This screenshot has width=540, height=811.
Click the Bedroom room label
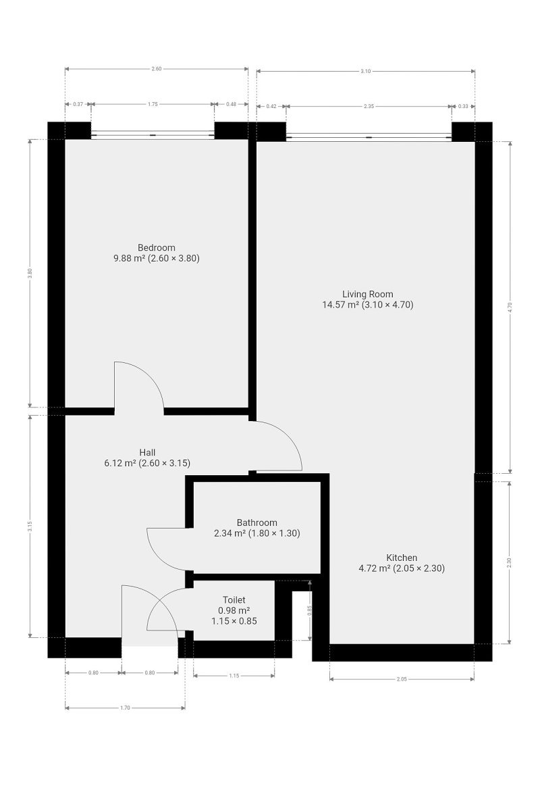coord(156,247)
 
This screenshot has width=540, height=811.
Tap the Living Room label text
coord(367,294)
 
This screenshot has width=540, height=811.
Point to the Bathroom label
coord(256,522)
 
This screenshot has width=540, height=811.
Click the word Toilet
coord(234,600)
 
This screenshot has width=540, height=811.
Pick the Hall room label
coord(147,452)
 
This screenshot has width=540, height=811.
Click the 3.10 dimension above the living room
coord(365,72)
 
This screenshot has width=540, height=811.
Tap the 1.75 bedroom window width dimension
coord(153,104)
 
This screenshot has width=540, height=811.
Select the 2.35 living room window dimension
coord(369,107)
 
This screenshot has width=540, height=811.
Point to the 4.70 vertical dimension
coord(510,307)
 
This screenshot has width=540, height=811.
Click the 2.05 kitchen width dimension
coord(402,679)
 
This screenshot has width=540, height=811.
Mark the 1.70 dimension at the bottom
coord(125,708)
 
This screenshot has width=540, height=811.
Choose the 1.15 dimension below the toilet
coord(234,676)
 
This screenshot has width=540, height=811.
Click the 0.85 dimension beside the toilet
coord(309,610)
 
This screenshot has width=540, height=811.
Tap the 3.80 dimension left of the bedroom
coord(30,273)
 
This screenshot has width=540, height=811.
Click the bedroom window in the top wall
coord(153,135)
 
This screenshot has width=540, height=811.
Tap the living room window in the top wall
coord(369,137)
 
